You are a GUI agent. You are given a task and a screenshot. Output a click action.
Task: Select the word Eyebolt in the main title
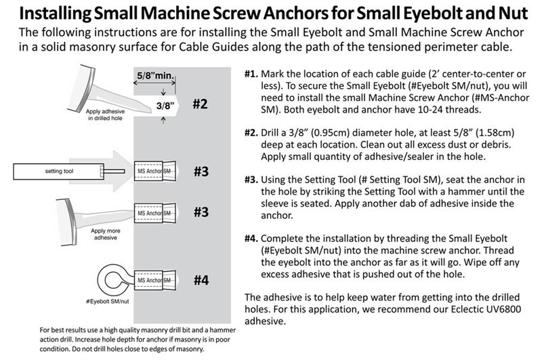tap(432, 13)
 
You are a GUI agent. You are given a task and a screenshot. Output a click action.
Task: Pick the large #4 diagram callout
tap(201, 280)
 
